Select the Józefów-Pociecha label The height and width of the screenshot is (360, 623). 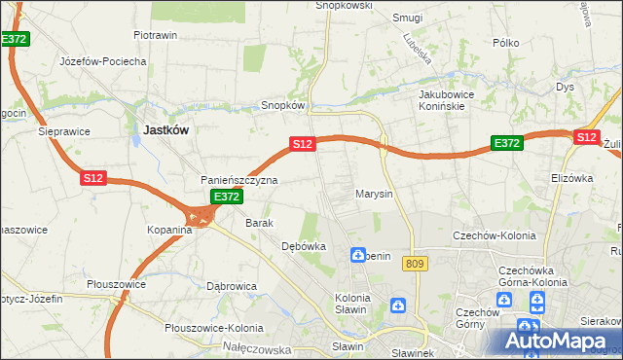pos(102,60)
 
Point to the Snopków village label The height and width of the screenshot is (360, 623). pos(283,105)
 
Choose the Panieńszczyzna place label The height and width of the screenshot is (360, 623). pos(239,180)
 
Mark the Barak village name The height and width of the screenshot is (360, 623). pos(259,223)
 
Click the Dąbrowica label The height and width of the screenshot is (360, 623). pos(232,286)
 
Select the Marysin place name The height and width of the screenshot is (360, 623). pos(374,194)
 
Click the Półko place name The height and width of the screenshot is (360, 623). pos(505,43)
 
